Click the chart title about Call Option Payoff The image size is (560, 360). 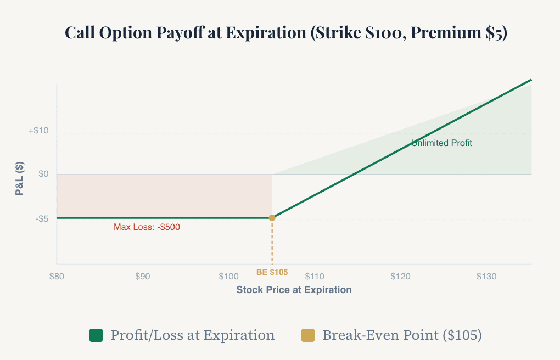point(285,33)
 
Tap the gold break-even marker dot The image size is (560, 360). point(272,218)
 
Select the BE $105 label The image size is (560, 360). point(272,272)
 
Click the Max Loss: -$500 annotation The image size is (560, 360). point(147,227)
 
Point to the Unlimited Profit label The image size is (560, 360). point(441,143)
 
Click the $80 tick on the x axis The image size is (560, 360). point(57,277)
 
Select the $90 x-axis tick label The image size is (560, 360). point(143,277)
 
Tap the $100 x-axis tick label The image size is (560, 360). point(228,277)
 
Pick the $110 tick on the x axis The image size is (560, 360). point(315,277)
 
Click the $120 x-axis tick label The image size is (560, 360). point(400,277)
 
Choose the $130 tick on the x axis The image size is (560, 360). point(486,277)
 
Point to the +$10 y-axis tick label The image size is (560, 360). point(38,131)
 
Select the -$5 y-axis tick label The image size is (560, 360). point(41,218)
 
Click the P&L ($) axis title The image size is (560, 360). point(19,179)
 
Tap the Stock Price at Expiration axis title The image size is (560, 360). point(294,290)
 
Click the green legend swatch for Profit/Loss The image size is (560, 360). point(96,335)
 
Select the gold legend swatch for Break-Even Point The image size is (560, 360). point(308,335)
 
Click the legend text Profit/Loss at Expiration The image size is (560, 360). point(192,335)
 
